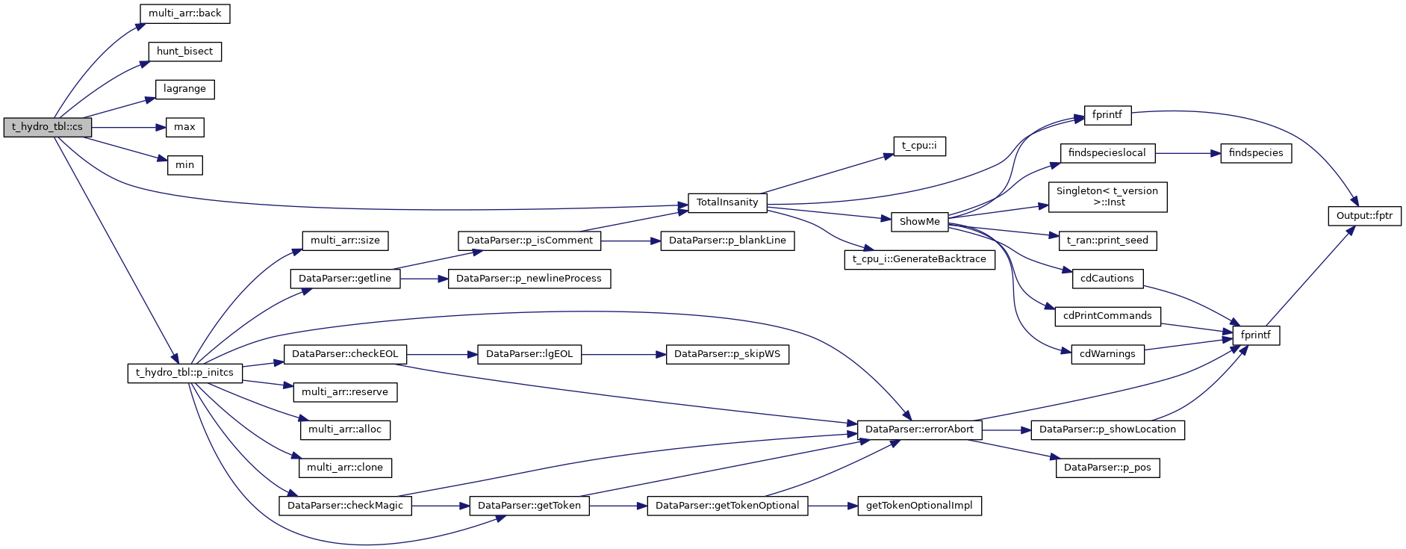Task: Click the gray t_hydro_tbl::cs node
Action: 47,127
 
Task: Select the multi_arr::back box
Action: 184,13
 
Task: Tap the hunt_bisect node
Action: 184,52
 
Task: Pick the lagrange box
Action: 184,89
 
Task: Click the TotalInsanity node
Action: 727,202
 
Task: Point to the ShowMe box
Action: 919,222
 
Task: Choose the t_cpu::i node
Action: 919,146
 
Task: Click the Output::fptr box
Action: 1364,216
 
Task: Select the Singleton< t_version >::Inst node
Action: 1107,196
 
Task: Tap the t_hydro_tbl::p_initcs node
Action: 184,373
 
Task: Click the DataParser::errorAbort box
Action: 919,429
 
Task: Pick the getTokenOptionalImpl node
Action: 919,506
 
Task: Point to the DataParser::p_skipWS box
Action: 727,354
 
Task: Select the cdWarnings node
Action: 1107,354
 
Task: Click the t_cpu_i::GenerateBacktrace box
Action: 919,259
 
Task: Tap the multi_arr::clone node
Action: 345,468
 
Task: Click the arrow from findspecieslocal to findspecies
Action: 1187,153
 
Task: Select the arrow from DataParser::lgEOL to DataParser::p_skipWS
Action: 623,354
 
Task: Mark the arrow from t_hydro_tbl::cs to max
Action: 128,128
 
